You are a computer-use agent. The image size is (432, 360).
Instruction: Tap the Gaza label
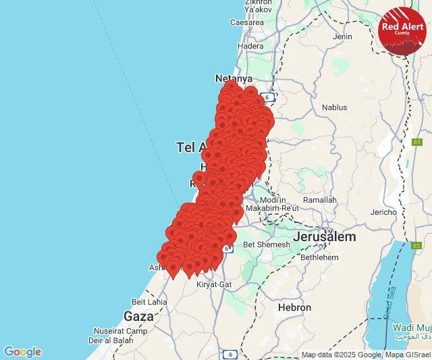[138, 315]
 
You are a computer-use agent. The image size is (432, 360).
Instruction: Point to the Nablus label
[334, 107]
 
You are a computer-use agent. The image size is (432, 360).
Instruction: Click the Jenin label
[342, 36]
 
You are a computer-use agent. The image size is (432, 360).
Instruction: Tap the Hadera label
[251, 47]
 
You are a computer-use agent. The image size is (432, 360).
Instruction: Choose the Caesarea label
[246, 22]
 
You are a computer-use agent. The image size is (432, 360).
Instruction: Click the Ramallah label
[319, 200]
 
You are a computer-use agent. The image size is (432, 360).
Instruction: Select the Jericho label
[383, 212]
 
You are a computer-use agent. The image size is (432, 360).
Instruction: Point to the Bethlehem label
[319, 257]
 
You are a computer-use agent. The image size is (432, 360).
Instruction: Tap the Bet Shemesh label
[266, 245]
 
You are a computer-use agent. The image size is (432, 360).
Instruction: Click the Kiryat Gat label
[213, 284]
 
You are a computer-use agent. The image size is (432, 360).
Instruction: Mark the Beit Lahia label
[149, 302]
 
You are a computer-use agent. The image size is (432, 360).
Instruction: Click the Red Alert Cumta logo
[402, 31]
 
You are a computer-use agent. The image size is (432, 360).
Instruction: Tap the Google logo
[22, 352]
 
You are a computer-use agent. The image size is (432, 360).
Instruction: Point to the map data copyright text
[365, 355]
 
